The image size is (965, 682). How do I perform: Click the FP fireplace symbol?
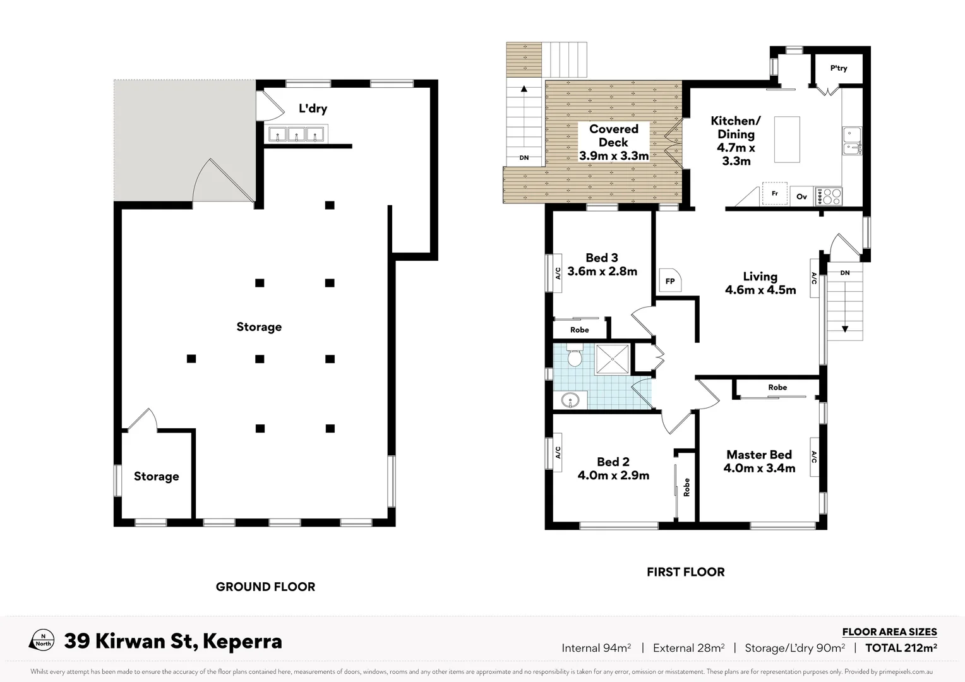[670, 280]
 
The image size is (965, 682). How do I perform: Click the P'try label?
[839, 68]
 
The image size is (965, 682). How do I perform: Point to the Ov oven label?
[801, 196]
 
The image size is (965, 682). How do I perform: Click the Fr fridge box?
[775, 193]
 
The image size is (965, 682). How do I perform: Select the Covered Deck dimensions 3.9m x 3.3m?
[614, 156]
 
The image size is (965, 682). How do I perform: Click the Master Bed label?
[758, 455]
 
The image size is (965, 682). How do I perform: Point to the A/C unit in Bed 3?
[558, 273]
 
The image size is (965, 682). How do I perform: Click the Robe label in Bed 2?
[686, 487]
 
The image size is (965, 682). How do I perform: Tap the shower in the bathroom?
[612, 359]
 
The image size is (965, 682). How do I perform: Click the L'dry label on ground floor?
[313, 109]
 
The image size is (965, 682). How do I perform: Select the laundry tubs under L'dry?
[296, 134]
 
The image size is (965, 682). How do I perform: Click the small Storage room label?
[156, 476]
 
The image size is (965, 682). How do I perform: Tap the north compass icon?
[42, 640]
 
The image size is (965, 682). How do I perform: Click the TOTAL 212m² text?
[901, 648]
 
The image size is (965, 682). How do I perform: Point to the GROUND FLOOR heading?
[265, 587]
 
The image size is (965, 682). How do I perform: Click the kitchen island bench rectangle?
[787, 139]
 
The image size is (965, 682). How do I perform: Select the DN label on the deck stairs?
[524, 158]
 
